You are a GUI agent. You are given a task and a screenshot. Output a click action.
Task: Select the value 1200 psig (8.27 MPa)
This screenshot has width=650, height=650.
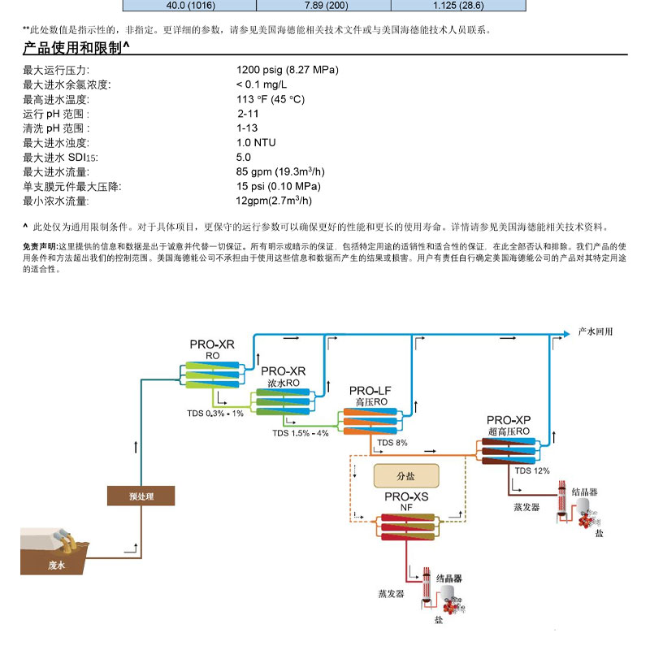287,70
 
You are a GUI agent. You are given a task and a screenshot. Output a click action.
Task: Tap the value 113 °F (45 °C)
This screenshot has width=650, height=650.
270,99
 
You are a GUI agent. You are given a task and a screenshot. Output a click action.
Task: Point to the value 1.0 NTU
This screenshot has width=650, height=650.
256,143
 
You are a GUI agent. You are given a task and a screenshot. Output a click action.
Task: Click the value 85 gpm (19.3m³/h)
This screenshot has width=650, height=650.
279,172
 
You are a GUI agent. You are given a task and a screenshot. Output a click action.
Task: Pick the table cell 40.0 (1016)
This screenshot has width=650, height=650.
188,6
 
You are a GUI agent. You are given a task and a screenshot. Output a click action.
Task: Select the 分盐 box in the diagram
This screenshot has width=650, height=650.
405,474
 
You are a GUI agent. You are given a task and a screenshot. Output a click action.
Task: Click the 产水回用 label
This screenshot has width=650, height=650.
594,332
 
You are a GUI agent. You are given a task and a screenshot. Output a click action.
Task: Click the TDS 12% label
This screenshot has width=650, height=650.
532,470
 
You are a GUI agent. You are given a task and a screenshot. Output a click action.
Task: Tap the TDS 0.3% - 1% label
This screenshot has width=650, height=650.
215,414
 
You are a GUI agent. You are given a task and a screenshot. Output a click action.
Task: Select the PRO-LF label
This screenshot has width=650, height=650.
370,391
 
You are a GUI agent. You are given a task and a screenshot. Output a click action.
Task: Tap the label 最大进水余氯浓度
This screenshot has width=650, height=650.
67,84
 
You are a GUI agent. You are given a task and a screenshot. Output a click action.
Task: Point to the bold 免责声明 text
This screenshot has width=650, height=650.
40,245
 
